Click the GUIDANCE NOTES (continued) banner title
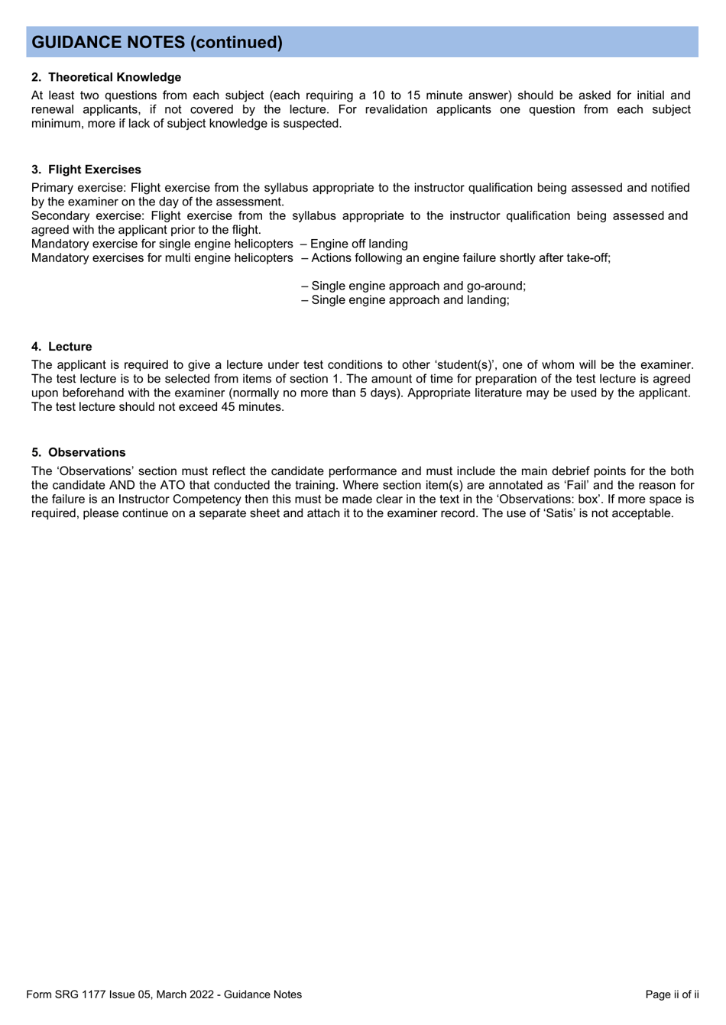coord(157,43)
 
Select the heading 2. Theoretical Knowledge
coord(106,77)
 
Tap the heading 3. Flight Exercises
coord(86,170)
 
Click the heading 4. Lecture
coord(62,347)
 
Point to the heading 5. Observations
coord(79,452)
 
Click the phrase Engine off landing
coord(358,244)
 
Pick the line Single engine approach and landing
coord(410,300)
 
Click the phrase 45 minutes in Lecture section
coord(251,407)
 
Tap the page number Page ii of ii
coord(672,994)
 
